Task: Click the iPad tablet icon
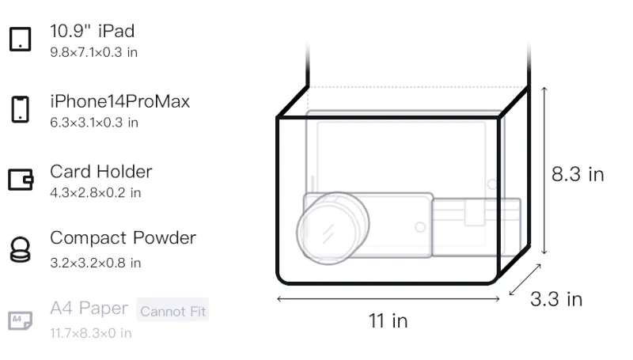tap(21, 39)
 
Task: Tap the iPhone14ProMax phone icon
tap(21, 109)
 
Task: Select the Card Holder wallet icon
tap(21, 179)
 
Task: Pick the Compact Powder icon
tap(21, 250)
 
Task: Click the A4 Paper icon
tap(21, 320)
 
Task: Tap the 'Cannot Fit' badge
tap(172, 311)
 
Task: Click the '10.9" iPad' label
tap(92, 31)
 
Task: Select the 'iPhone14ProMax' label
tap(120, 101)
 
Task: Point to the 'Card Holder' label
tap(101, 172)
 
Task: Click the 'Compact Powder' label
tap(123, 238)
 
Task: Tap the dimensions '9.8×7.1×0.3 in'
tap(93, 52)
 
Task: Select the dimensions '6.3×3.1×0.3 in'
tap(94, 123)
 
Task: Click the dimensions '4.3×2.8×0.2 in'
tap(96, 193)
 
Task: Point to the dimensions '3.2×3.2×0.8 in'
tap(96, 263)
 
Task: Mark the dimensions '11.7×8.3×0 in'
tap(91, 333)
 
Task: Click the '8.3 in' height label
tap(578, 174)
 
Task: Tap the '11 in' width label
tap(388, 321)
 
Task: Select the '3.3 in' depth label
tap(556, 299)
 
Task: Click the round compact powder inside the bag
tap(332, 229)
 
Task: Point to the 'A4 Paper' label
tap(89, 309)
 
